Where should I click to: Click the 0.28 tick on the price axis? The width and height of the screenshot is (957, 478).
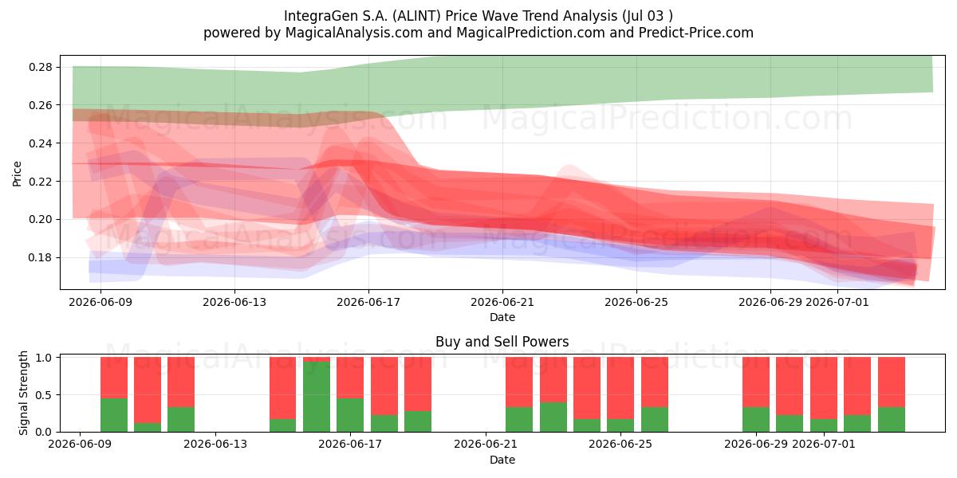[40, 68]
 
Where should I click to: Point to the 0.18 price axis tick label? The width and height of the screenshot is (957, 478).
[40, 258]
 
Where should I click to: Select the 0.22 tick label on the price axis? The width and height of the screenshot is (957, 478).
[40, 182]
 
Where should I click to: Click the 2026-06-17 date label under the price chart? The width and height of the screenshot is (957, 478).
[368, 302]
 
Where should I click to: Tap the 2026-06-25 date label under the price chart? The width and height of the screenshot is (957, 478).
[636, 302]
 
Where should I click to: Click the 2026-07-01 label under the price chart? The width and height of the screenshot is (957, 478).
[837, 302]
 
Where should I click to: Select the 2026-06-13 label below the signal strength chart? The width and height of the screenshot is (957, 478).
[215, 444]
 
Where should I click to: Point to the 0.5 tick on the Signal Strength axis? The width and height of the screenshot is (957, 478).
[44, 395]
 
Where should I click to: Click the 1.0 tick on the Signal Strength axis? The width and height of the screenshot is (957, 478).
[44, 358]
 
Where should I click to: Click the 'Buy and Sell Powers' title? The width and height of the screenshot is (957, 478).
[502, 342]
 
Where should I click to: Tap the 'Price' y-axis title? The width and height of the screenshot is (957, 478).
[17, 174]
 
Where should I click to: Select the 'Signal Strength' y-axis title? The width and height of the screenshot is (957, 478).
[23, 393]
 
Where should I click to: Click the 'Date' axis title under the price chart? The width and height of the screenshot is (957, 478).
[502, 317]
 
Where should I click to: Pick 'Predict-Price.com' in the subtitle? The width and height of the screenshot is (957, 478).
[696, 33]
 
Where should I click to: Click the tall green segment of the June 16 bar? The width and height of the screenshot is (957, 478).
[317, 397]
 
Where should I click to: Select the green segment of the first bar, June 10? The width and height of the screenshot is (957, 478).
[114, 415]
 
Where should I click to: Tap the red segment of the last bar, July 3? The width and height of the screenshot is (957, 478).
[892, 382]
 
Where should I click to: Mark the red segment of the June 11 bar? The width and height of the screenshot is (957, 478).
[148, 390]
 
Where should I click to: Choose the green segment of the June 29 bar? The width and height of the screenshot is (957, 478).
[756, 420]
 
